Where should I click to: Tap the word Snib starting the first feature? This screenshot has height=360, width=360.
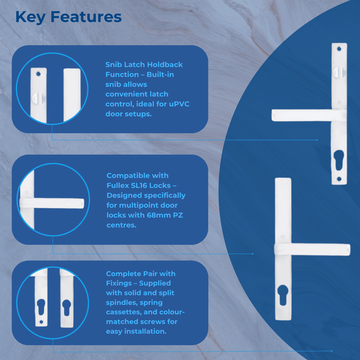114,65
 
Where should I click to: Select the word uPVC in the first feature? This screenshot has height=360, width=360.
179,104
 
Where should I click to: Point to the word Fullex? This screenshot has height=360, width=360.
120,185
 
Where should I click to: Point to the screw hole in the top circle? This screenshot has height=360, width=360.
38,74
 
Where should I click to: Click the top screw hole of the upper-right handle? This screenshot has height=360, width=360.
338,49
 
